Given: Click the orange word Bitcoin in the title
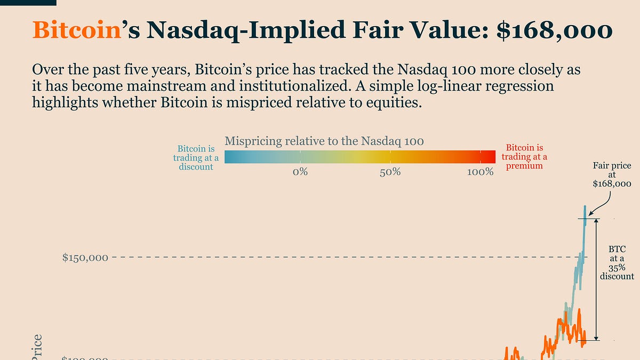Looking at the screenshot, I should (x=74, y=30).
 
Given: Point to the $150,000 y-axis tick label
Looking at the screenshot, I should (x=85, y=258).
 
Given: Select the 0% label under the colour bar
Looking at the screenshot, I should (x=300, y=172).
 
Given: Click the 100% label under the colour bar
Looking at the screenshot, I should (x=480, y=172).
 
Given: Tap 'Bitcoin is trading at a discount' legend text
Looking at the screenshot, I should (x=196, y=157).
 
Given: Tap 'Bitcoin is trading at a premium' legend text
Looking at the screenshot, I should (x=524, y=156).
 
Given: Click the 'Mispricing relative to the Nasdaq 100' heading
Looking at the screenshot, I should (x=324, y=141).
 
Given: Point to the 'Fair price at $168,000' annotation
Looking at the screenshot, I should (x=612, y=175).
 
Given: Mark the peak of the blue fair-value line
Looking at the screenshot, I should (x=585, y=206).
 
